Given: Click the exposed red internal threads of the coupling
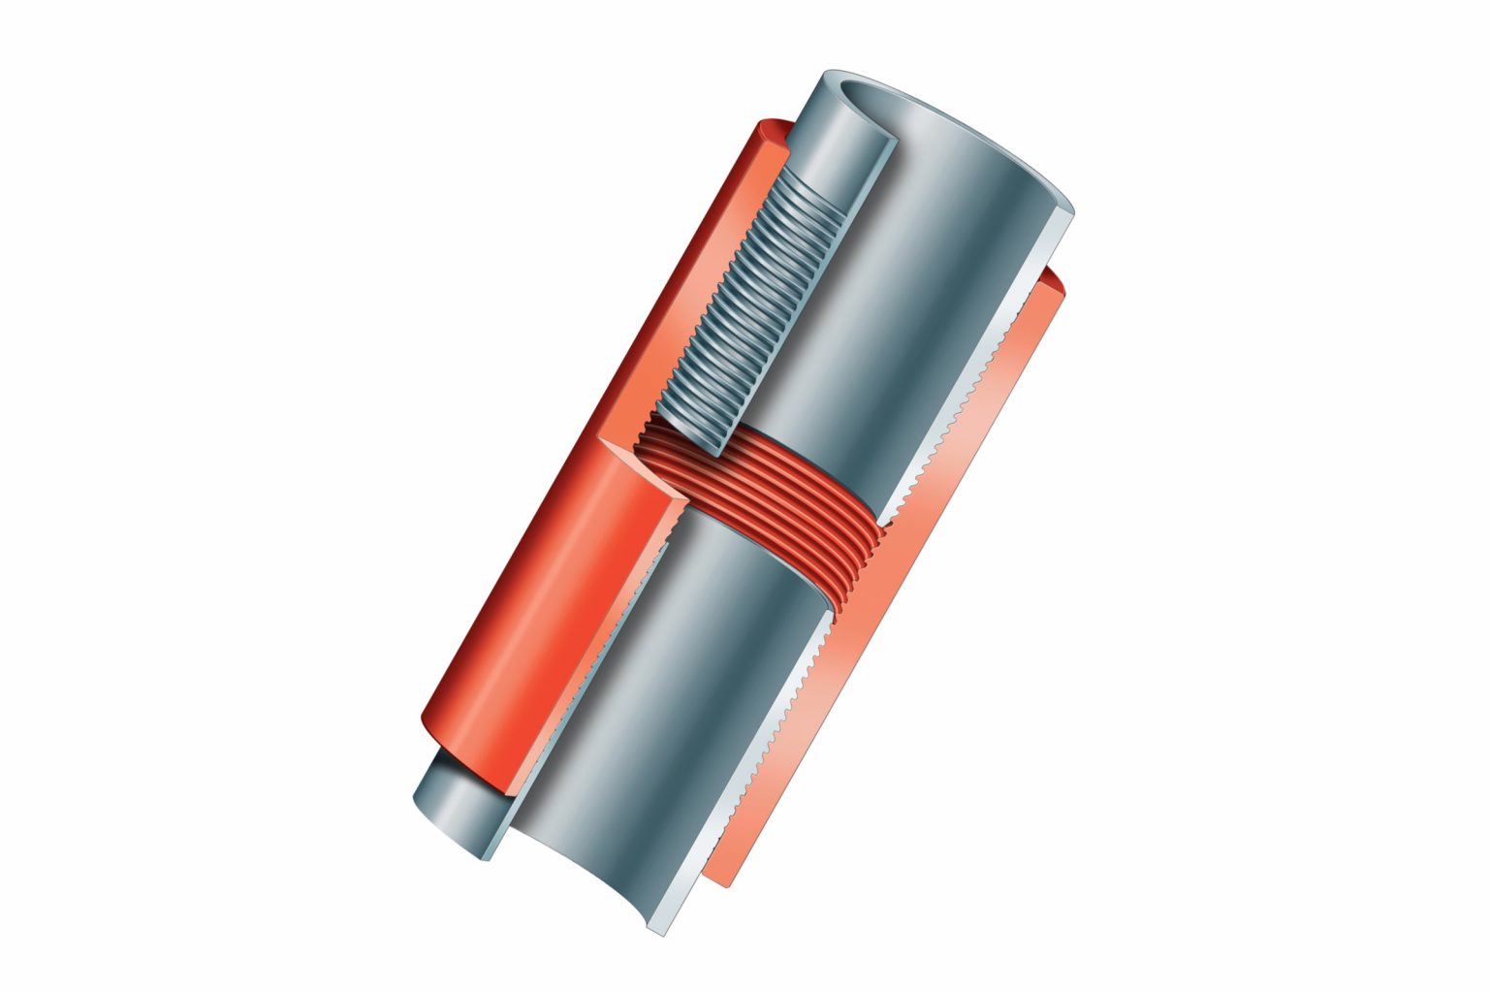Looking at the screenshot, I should pos(776,485).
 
